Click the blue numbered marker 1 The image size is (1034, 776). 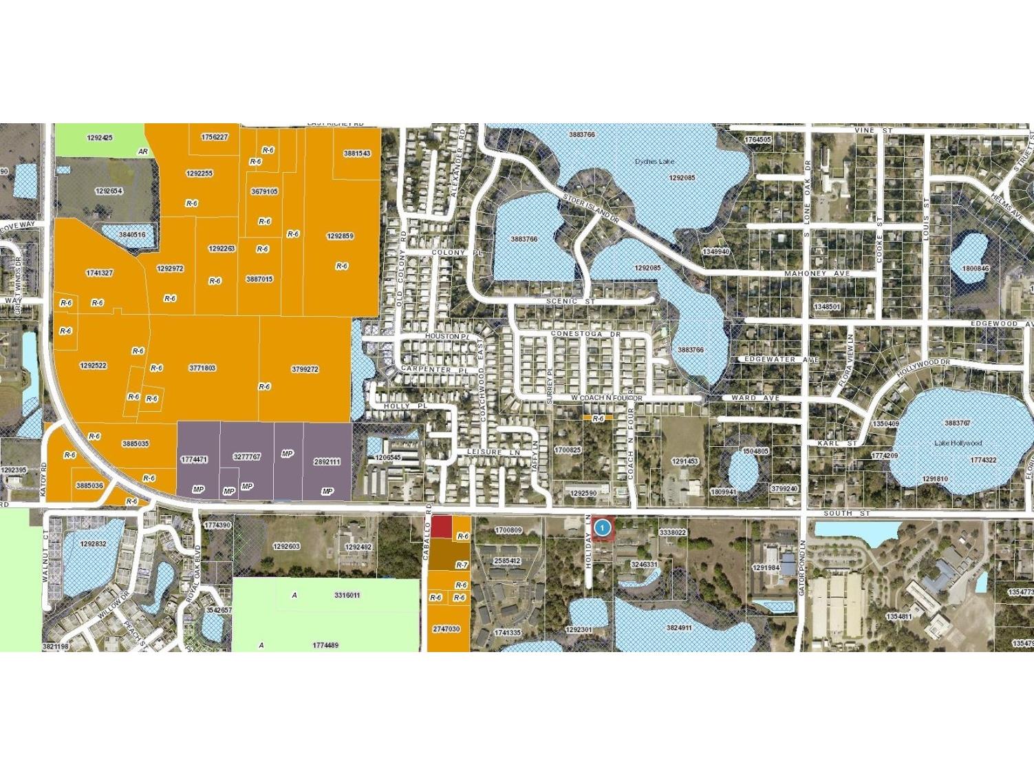(x=603, y=528)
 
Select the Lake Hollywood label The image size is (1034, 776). (x=958, y=443)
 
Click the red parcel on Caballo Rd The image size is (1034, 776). (x=441, y=527)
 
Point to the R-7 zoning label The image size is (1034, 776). (x=462, y=565)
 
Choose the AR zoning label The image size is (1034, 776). (x=143, y=151)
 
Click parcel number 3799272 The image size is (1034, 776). (x=305, y=369)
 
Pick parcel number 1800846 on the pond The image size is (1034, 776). (x=975, y=269)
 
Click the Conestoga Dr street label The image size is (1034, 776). (x=585, y=334)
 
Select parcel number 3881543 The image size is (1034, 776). (x=356, y=154)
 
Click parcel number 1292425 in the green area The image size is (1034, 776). (x=100, y=138)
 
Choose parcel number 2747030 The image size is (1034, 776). (x=446, y=629)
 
